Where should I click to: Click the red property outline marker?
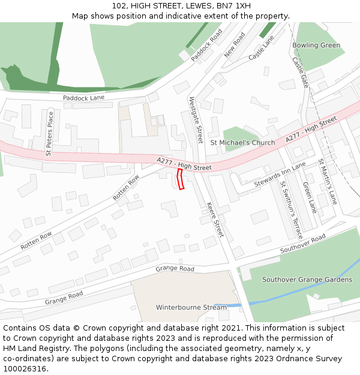181,179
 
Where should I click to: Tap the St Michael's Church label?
242,143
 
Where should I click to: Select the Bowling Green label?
316,46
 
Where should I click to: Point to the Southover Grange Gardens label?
307,280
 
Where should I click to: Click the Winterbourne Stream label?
191,307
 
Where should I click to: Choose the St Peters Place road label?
49,134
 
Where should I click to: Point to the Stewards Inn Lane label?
280,174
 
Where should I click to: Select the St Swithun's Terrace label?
292,209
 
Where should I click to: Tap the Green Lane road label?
309,198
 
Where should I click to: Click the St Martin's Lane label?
328,181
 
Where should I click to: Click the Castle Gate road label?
300,72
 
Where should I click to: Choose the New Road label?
235,46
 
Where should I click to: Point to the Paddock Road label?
206,45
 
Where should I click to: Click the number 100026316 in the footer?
25,369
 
